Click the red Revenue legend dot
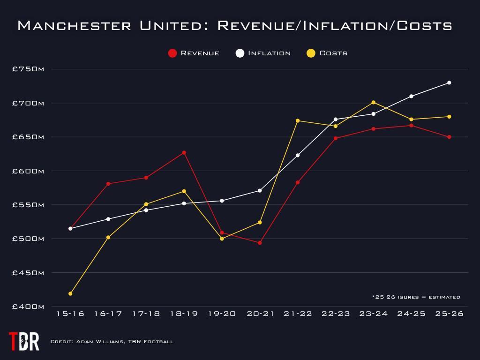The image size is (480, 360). tap(172, 53)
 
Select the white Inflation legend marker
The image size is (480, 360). tap(240, 53)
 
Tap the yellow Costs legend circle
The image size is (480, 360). tap(311, 53)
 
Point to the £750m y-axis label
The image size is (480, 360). tap(28, 69)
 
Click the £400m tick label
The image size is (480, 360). tap(28, 307)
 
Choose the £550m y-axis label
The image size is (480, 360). tap(28, 205)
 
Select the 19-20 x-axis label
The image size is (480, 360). tap(222, 314)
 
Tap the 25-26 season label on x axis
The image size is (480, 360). tap(449, 314)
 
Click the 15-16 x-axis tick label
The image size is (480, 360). tap(70, 314)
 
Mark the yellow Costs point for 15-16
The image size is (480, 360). tap(70, 293)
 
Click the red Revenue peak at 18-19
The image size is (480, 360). tap(184, 152)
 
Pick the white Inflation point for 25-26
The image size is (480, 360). tap(449, 82)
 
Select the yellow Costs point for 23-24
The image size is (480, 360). tap(373, 102)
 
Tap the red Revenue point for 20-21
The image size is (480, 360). tap(260, 243)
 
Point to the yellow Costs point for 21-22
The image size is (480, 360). tap(298, 120)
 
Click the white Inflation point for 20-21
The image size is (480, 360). tap(260, 190)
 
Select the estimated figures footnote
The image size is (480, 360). tap(416, 297)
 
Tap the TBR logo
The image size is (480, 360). tap(24, 341)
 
